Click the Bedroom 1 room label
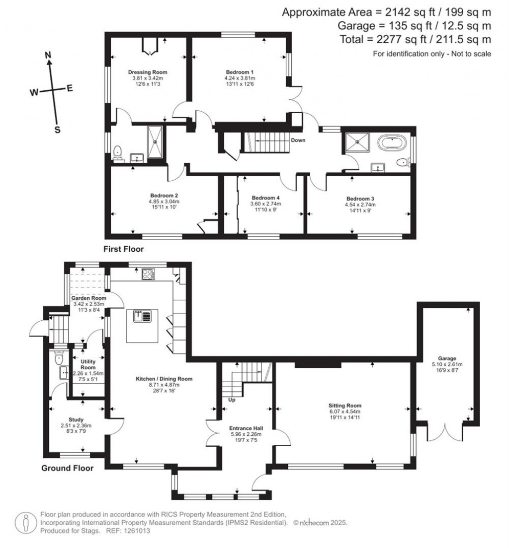point(240,72)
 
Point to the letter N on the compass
point(48,55)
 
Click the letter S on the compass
point(57,130)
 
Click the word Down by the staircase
point(298,140)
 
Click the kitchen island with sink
point(143,326)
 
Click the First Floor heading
point(123,250)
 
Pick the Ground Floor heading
point(67,468)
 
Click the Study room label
point(76,419)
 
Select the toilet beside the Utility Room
point(59,357)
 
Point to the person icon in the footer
point(25,523)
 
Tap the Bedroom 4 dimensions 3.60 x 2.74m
point(266,204)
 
